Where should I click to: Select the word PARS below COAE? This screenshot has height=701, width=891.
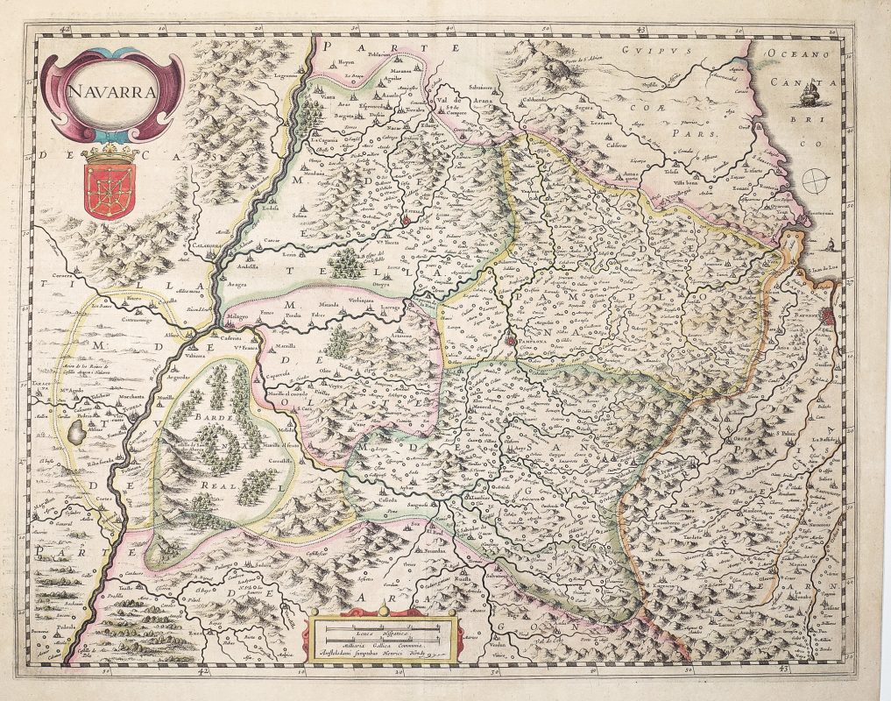point(700,137)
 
